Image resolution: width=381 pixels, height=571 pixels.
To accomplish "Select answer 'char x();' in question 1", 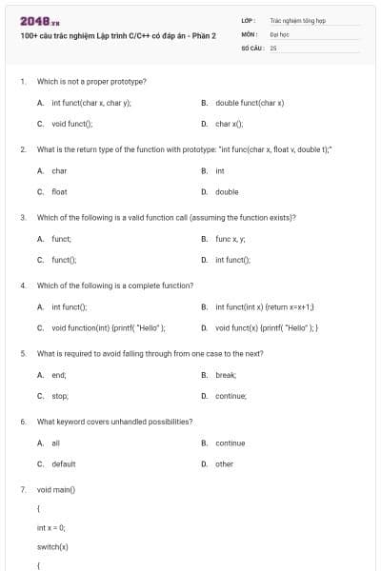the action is click(230, 124).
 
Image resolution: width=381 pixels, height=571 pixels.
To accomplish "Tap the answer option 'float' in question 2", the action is click(59, 191).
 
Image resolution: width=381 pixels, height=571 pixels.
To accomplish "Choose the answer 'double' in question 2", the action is click(227, 191).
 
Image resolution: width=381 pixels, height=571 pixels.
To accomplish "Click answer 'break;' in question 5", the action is click(226, 375).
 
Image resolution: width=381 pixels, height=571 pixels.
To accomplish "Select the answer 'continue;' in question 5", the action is click(231, 396).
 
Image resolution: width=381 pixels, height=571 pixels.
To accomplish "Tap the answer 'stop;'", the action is click(59, 396).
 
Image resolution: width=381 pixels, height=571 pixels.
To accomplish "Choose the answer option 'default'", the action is click(63, 464).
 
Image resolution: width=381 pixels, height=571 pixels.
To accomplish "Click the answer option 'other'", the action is click(224, 464).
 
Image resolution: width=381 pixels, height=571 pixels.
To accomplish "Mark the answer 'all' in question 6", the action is click(55, 443).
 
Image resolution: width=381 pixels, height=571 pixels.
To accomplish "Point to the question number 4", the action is click(23, 285).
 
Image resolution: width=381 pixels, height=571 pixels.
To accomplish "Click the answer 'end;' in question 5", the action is click(58, 375).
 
